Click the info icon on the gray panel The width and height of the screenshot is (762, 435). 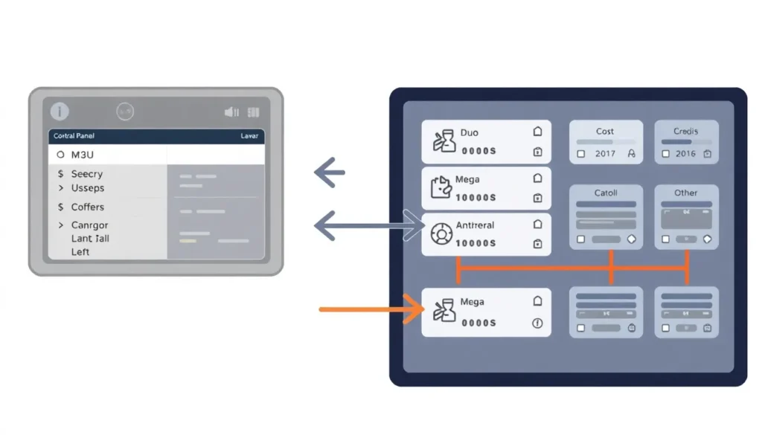59,112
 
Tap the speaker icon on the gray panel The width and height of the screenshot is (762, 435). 231,112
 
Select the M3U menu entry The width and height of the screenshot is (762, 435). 82,155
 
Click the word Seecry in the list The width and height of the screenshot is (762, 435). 87,174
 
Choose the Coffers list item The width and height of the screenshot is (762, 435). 87,207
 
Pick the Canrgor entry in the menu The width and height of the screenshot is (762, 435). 89,225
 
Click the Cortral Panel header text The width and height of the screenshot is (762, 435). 74,136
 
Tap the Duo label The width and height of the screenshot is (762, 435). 470,132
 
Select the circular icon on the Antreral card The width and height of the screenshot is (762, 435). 442,234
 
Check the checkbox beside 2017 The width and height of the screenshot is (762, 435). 582,154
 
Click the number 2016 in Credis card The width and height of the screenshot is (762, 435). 685,154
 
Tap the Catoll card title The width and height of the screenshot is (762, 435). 606,193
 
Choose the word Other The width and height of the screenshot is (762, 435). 685,193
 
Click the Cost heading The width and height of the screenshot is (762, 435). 605,132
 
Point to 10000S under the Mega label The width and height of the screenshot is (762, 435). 476,198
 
